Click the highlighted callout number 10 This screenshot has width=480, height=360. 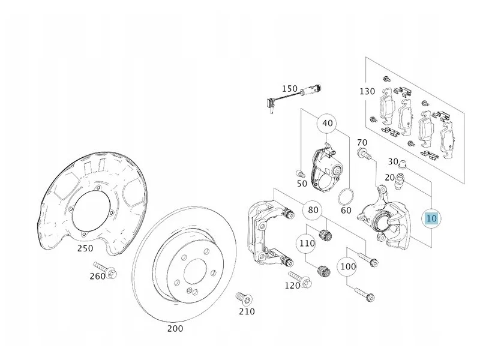431,218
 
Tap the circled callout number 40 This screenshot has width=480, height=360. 327,124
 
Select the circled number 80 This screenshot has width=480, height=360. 313,210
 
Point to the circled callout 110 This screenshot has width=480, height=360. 307,244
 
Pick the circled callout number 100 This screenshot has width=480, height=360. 348,266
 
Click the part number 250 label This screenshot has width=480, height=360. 85,248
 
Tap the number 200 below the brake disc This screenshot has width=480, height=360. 175,328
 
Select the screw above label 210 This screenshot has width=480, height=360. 244,298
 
